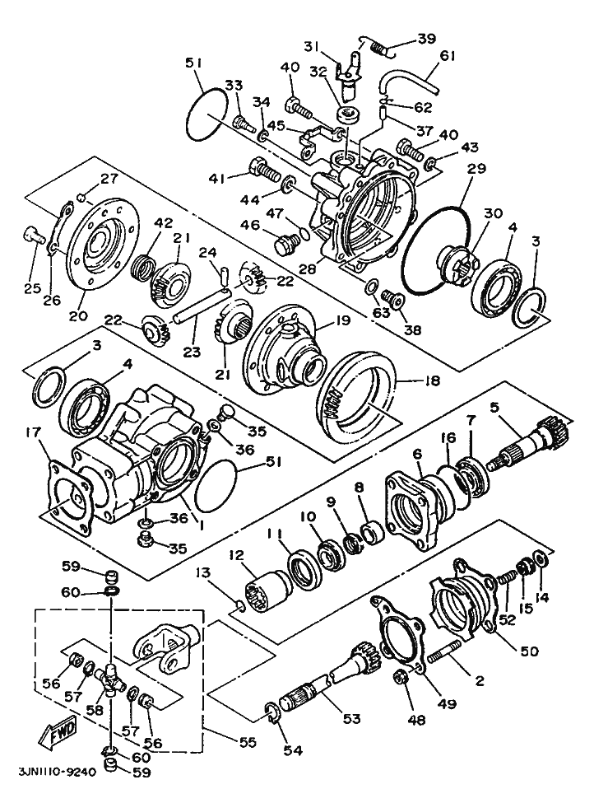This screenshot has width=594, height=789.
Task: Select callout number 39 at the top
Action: pos(426,40)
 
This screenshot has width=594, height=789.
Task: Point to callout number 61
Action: pos(469,56)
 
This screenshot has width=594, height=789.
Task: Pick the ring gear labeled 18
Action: pos(356,399)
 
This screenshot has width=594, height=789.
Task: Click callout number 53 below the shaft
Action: pos(351,719)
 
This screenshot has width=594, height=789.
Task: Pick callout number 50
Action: pos(528,651)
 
